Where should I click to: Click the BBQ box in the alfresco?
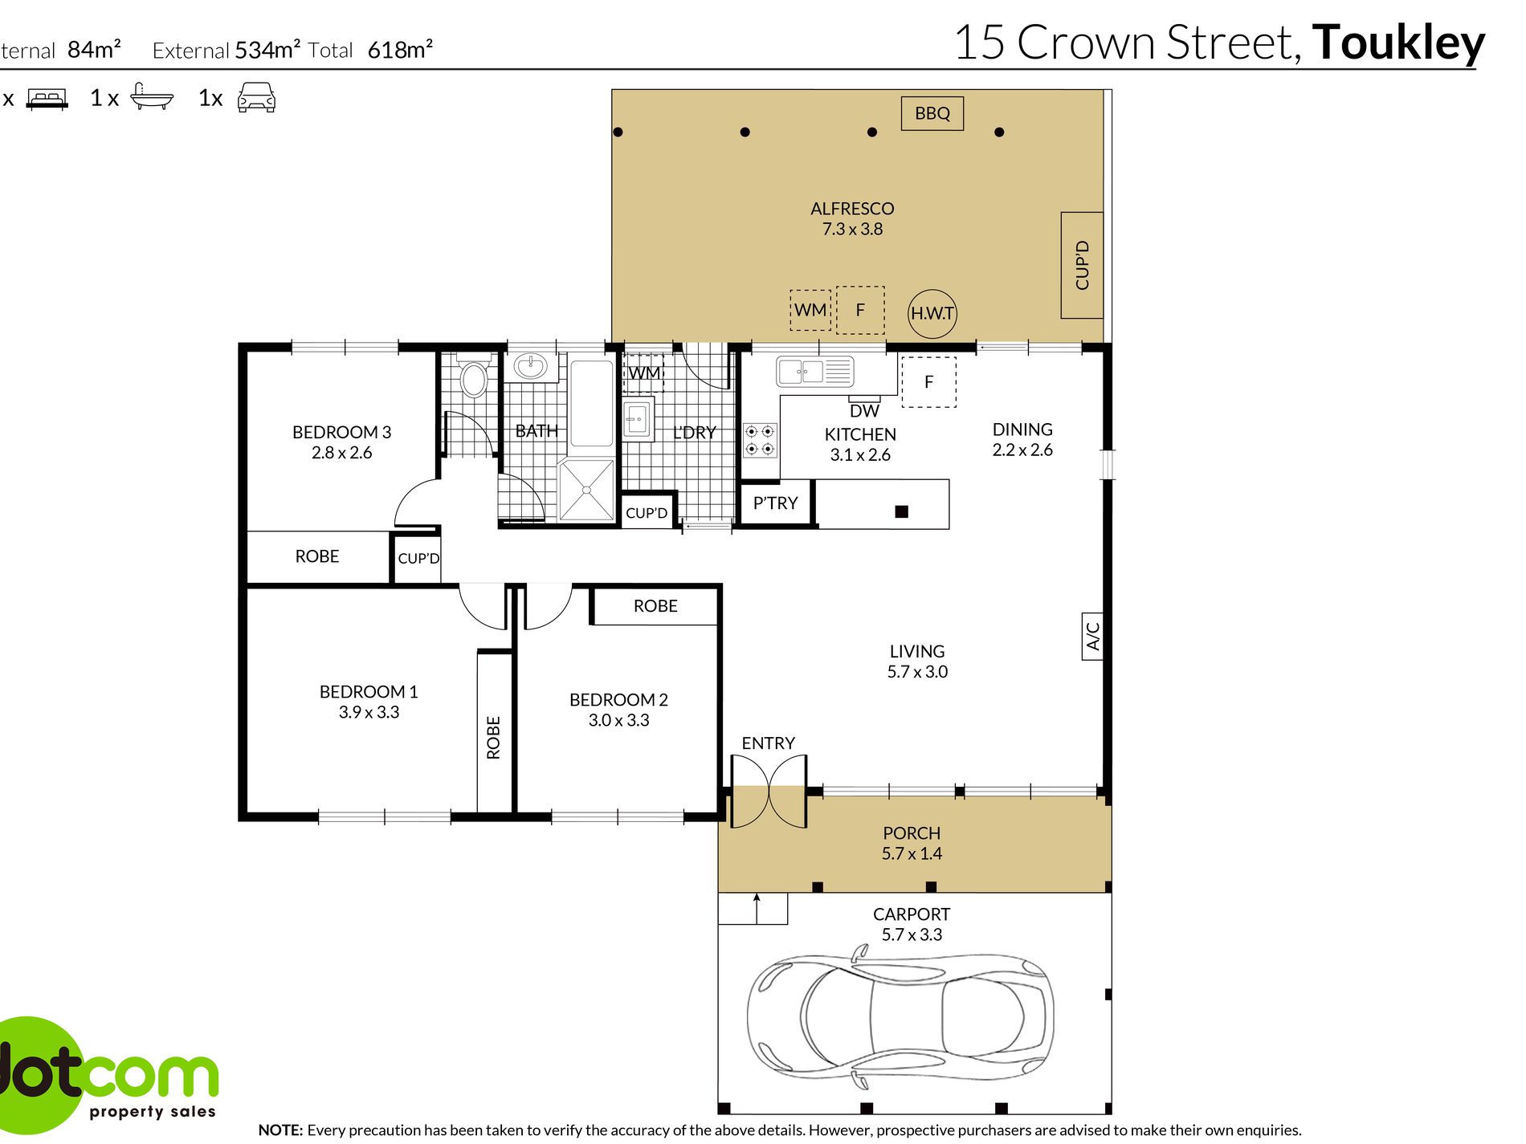pos(932,113)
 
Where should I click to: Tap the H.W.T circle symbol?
pos(932,313)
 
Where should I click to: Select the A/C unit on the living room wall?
pos(1092,637)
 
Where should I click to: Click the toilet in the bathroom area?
pos(474,377)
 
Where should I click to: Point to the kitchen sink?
pos(813,372)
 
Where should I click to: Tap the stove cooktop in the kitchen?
pos(759,440)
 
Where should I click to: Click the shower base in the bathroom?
pos(586,489)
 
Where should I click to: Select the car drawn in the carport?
pos(900,1016)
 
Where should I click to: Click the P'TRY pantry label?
pos(775,503)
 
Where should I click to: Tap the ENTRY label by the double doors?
pos(768,743)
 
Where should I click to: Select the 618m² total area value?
pos(400,50)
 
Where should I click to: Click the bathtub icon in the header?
pos(151,97)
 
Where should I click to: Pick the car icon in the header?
pos(256,97)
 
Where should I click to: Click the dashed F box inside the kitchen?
pos(928,382)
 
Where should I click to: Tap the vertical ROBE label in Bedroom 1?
pos(493,737)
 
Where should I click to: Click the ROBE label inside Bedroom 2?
pos(655,606)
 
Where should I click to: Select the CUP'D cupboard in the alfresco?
pos(1082,265)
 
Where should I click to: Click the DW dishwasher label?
pos(864,410)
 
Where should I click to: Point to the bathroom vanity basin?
pos(530,366)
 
